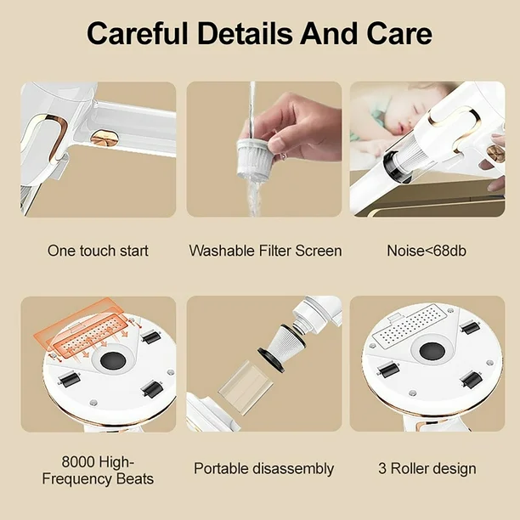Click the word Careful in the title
click(x=138, y=33)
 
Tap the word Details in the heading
click(x=245, y=33)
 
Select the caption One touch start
click(x=98, y=251)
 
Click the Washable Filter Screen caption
click(x=265, y=251)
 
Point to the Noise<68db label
click(x=427, y=251)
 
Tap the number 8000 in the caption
click(x=78, y=461)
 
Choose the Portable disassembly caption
click(x=264, y=469)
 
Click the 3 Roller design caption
click(x=427, y=469)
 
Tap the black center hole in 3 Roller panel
click(x=432, y=351)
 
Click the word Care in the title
click(x=399, y=33)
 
